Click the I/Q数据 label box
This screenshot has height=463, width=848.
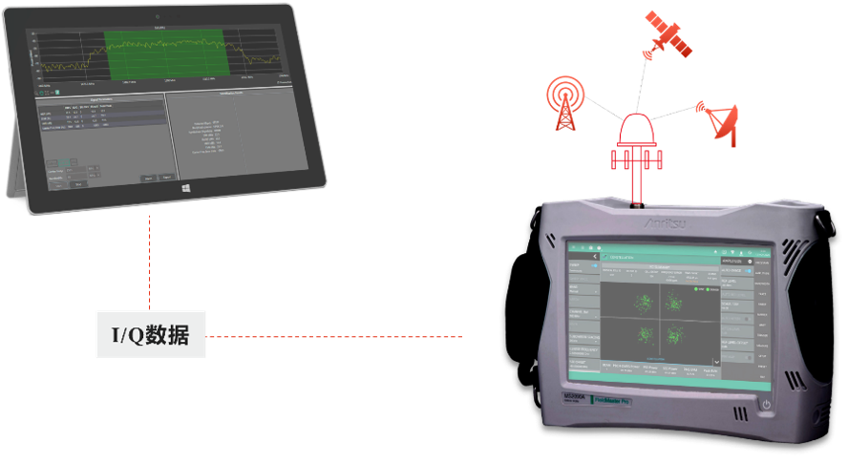click(150, 334)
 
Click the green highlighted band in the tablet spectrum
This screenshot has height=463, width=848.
click(163, 55)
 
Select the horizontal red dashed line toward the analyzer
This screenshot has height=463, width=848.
click(334, 336)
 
